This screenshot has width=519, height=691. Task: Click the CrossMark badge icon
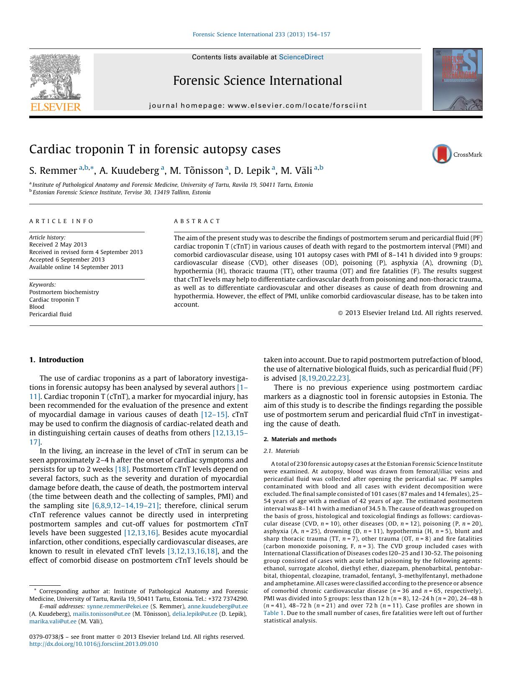pos(442,154)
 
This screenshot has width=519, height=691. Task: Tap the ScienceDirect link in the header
pos(301,57)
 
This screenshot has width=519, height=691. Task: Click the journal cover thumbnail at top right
pos(458,79)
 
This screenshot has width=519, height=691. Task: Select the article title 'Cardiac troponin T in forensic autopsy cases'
pos(155,149)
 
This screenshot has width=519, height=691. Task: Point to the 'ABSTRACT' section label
pos(197,221)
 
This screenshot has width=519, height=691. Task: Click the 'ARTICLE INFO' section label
pos(61,221)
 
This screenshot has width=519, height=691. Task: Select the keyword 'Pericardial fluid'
pos(50,314)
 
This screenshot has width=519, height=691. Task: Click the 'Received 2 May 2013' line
pos(58,245)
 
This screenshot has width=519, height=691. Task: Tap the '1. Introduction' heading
pos(56,360)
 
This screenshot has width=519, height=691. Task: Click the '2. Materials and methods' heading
pos(300,439)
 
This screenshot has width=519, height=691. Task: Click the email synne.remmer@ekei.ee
pos(118,606)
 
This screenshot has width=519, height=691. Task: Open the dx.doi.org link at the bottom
pos(94,644)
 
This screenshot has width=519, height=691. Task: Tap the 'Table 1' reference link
pos(274,613)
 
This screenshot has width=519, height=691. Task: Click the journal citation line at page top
pos(261,34)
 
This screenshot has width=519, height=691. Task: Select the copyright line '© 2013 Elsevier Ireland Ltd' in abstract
pos(410,312)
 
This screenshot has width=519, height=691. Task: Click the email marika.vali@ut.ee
pos(53,621)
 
